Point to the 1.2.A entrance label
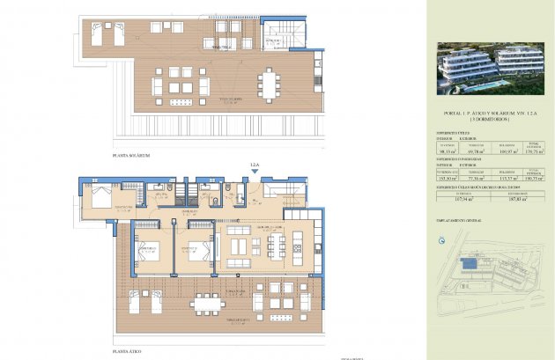click(x=255, y=165)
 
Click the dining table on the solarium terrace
click(x=269, y=86)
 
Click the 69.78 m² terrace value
click(x=473, y=151)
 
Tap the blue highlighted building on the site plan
click(x=471, y=263)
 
